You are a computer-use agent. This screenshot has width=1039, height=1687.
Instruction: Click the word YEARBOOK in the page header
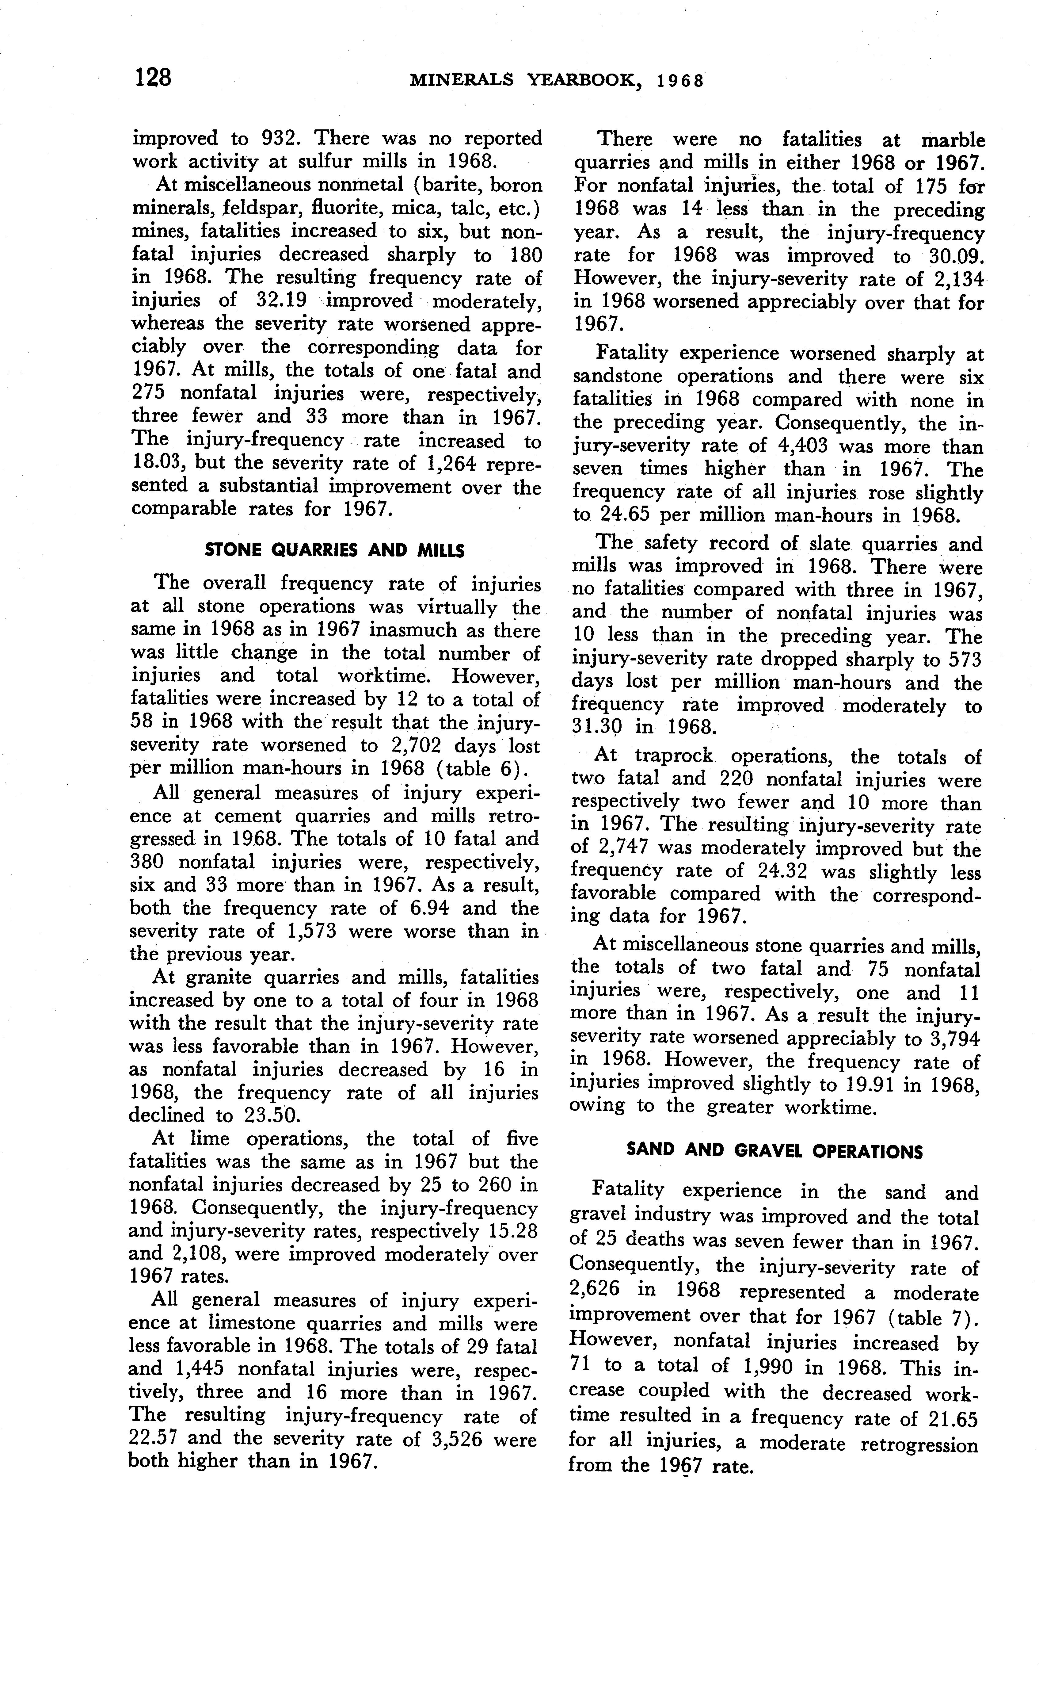(586, 80)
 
